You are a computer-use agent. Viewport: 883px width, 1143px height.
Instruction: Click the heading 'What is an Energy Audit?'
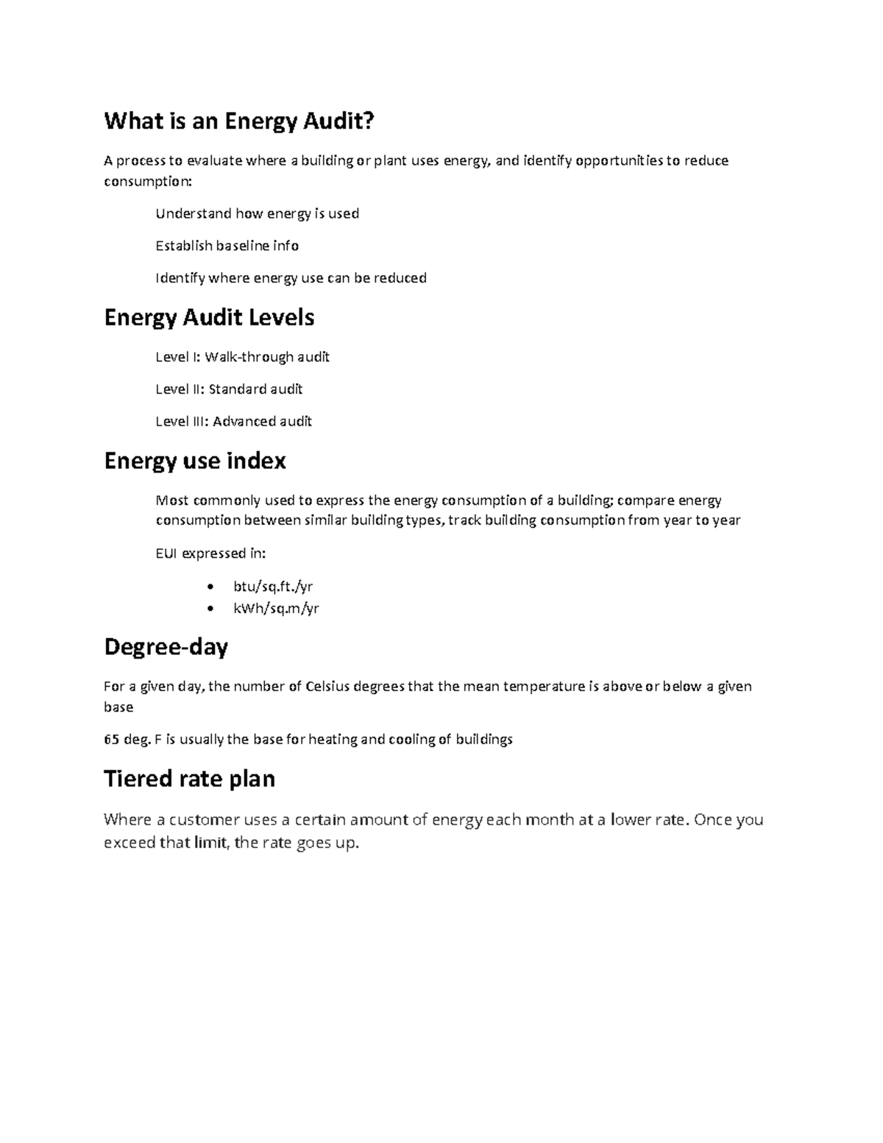239,121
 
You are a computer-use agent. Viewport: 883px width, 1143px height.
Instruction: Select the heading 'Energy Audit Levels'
209,318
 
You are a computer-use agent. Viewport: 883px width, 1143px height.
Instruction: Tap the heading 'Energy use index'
195,461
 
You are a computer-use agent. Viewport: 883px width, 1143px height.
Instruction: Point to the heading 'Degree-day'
166,647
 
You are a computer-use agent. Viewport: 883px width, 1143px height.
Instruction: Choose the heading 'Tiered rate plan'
189,779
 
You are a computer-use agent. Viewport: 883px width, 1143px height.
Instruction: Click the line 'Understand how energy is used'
257,214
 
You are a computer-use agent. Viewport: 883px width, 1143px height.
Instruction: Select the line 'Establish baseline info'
227,246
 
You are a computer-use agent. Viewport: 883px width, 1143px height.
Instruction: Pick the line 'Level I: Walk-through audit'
242,358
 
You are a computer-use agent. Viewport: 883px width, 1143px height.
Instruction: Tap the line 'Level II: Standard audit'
229,389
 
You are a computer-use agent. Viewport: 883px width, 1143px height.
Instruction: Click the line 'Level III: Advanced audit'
233,422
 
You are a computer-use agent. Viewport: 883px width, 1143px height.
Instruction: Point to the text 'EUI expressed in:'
210,553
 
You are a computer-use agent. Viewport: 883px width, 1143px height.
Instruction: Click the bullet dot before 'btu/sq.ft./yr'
212,587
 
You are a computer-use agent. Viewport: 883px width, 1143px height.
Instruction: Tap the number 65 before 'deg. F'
111,740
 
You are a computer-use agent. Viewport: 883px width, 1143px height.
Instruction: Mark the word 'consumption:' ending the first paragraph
147,181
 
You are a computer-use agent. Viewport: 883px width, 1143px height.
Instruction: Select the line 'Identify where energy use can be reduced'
291,278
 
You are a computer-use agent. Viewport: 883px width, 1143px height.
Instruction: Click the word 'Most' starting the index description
171,501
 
